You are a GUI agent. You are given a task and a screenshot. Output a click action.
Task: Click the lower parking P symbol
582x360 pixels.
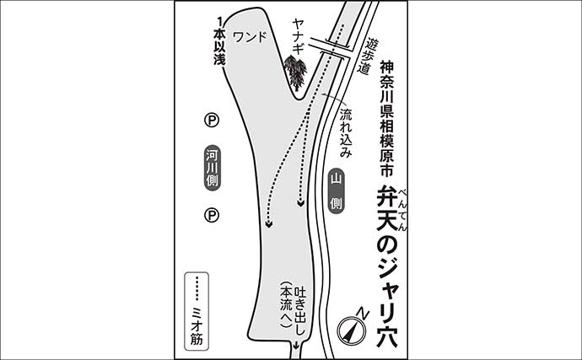pos(211,217)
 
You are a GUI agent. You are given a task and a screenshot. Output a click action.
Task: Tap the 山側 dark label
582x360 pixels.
pos(336,191)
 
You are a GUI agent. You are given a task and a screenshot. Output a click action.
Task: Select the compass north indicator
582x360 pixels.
pos(355,327)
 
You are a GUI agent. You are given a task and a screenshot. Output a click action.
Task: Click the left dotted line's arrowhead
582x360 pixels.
pos(268,224)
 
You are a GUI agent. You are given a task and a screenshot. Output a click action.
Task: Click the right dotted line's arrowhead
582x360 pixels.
pos(300,203)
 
